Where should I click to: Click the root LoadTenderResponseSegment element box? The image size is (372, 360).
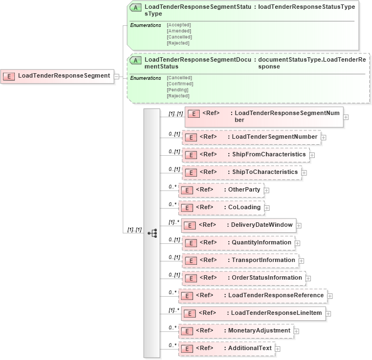(58, 76)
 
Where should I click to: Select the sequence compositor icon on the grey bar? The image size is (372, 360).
(152, 233)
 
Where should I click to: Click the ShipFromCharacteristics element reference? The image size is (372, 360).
(245, 155)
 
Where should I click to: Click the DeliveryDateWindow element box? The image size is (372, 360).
(238, 225)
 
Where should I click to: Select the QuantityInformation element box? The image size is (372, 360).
(238, 242)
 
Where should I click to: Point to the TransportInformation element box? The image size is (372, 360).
(239, 260)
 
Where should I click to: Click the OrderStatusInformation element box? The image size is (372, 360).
(243, 277)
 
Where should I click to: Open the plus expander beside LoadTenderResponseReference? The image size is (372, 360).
(330, 296)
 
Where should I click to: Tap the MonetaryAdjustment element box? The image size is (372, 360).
(236, 330)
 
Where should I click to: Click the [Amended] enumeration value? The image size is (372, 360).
(178, 31)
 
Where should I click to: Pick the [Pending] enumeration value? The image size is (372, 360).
(177, 90)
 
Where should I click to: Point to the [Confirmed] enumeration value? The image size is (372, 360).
(179, 84)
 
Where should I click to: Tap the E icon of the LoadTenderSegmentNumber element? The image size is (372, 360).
(190, 137)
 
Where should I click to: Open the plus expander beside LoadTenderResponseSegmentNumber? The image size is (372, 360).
(346, 117)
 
